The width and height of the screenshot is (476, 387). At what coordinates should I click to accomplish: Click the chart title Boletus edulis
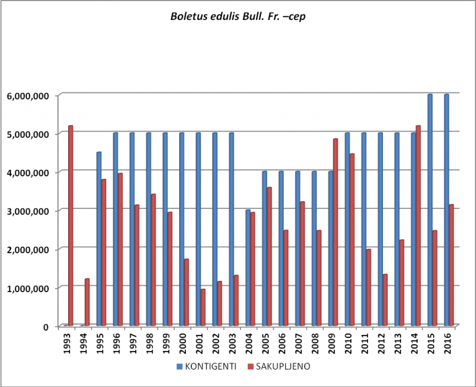(x=238, y=17)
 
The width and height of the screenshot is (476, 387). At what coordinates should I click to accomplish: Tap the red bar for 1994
(x=87, y=302)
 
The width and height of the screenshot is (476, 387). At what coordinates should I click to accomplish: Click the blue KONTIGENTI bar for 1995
(x=99, y=239)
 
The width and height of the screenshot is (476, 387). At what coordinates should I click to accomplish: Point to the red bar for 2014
(x=418, y=226)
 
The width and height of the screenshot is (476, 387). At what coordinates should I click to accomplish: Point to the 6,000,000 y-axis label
(x=28, y=96)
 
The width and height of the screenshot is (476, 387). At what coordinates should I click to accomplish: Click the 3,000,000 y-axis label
(x=28, y=211)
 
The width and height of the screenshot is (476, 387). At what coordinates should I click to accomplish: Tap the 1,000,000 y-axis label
(x=28, y=288)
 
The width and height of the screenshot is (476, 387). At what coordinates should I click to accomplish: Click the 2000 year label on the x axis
(x=183, y=344)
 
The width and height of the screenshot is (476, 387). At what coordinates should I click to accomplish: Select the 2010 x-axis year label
(x=348, y=344)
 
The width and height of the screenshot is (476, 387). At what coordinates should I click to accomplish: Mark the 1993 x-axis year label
(x=67, y=344)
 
